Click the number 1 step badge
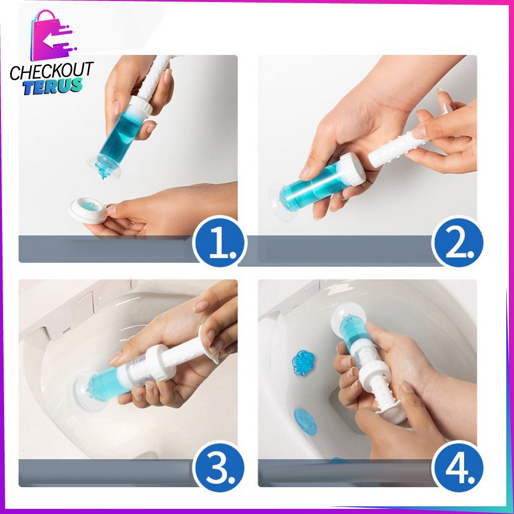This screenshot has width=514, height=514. [x=219, y=243]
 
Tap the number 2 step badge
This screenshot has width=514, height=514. [x=458, y=243]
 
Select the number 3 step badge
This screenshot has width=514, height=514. [x=219, y=467]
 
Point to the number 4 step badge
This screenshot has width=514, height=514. [x=458, y=467]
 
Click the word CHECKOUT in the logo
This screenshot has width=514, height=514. [x=52, y=71]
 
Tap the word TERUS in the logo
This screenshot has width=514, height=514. [x=52, y=86]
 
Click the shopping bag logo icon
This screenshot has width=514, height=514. [x=52, y=35]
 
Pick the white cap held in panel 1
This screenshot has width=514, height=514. [x=87, y=210]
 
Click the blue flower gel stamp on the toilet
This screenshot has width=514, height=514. [x=303, y=362]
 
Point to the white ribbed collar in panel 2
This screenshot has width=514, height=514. [x=352, y=170]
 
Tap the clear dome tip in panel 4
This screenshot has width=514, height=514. [x=344, y=315]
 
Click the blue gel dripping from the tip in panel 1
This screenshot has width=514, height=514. [x=104, y=170]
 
